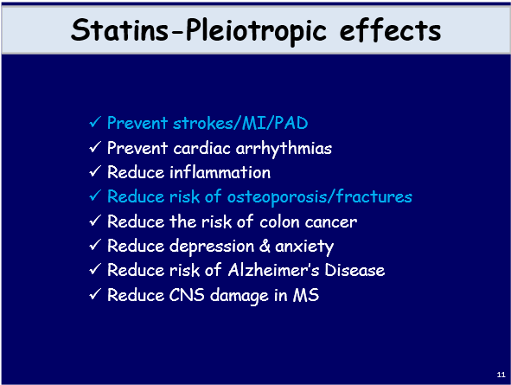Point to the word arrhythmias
[x=286, y=148]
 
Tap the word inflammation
[x=216, y=172]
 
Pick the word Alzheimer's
[x=269, y=270]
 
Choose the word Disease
[x=355, y=270]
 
